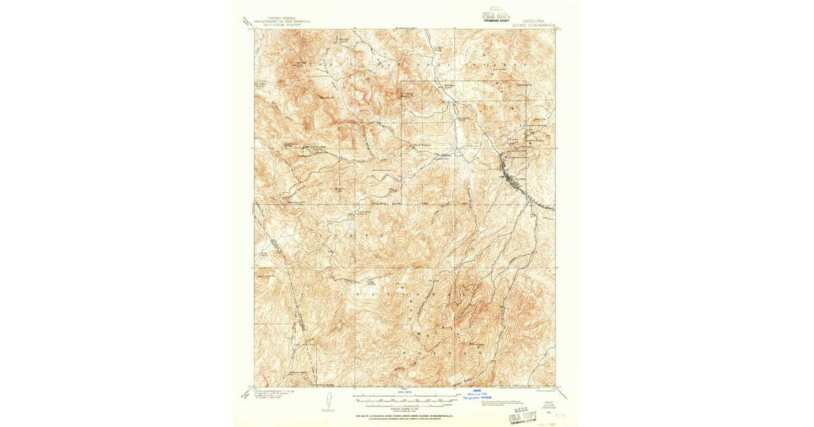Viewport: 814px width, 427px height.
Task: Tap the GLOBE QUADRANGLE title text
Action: pyautogui.click(x=537, y=26)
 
